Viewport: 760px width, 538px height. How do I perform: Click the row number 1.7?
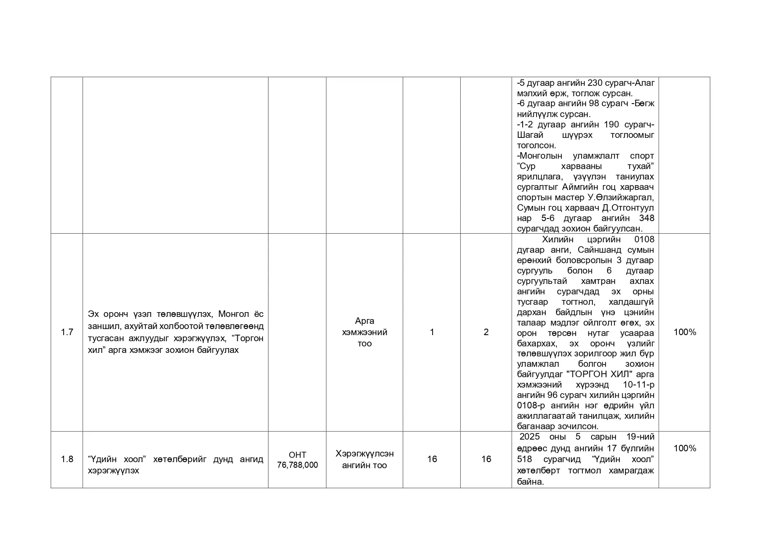(67, 332)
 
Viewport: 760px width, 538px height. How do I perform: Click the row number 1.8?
(67, 459)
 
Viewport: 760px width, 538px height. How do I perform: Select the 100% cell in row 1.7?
(685, 332)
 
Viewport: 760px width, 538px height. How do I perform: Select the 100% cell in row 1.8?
(685, 448)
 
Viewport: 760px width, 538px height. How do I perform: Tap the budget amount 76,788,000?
(298, 465)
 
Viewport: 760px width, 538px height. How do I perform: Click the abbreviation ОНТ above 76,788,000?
(298, 455)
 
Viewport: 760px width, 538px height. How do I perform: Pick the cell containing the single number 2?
(486, 332)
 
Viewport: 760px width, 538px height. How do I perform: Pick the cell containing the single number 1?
(432, 332)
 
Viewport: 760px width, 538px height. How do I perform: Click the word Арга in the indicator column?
(365, 321)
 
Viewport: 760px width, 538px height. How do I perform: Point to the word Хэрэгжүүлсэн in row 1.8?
(365, 454)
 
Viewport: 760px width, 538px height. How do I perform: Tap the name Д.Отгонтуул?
(628, 208)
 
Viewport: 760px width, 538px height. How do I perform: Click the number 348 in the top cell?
(647, 218)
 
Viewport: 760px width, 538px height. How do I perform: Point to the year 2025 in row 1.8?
(530, 437)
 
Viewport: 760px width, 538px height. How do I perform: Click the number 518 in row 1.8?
(524, 459)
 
